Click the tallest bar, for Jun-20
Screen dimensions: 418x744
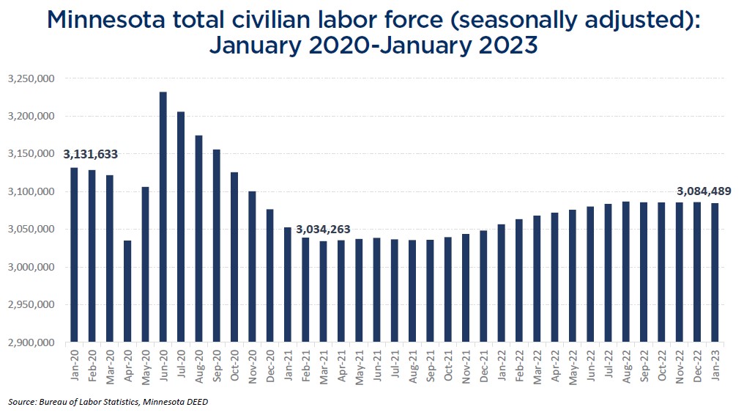click(x=163, y=217)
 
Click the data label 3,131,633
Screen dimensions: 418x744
click(x=91, y=155)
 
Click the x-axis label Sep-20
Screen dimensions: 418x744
click(x=217, y=364)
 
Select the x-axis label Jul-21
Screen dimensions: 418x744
click(x=395, y=364)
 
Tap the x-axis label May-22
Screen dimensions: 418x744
click(x=573, y=364)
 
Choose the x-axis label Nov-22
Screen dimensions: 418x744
click(x=680, y=364)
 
